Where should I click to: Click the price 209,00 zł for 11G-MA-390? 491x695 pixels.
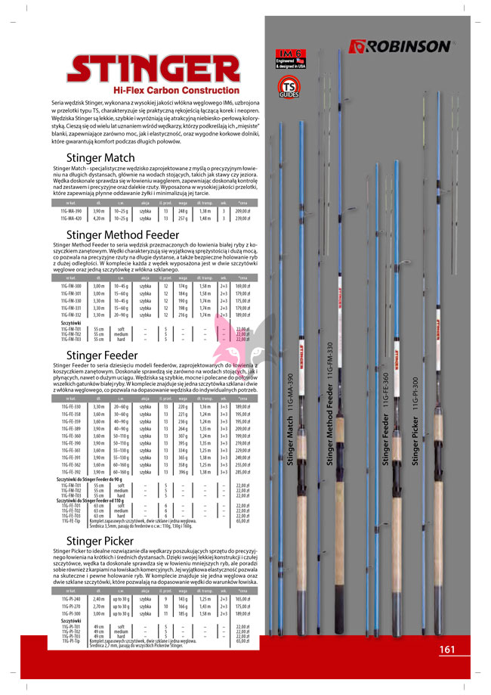click(x=242, y=211)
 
